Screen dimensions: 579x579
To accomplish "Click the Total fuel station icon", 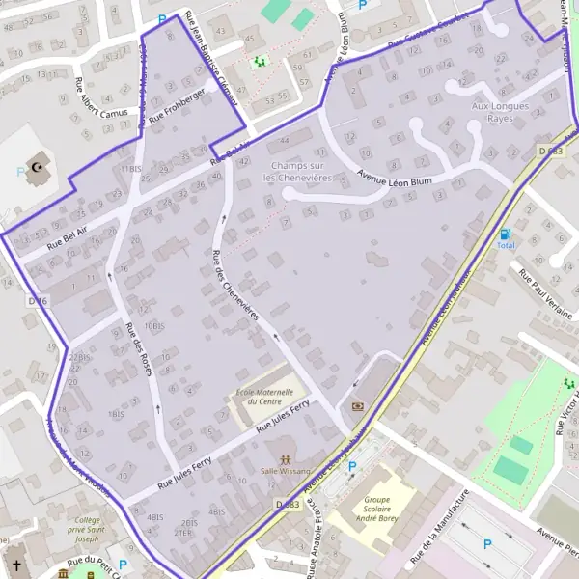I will click(505, 234).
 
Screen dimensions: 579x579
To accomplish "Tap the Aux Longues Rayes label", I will click(500, 112).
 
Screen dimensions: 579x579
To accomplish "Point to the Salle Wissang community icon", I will click(285, 459).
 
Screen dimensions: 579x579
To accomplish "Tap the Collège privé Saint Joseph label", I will click(80, 529).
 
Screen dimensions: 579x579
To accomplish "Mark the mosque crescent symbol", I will click(40, 167).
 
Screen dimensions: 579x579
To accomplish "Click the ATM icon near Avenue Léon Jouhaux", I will click(359, 406).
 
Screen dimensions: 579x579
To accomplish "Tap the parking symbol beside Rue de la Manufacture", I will click(487, 544).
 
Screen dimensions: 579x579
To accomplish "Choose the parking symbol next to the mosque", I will click(21, 173).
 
